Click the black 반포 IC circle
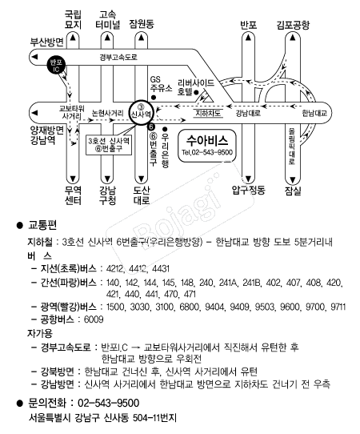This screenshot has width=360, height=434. [x=56, y=66]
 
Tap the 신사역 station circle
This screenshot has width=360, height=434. [x=141, y=112]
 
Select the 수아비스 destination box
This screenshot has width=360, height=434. [x=207, y=146]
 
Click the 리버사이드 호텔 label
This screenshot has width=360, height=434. [x=196, y=87]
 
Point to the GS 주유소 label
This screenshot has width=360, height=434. [x=161, y=84]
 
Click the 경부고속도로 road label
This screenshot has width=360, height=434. [x=118, y=58]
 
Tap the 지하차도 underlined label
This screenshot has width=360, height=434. [x=208, y=114]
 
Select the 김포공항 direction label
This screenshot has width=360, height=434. [x=293, y=25]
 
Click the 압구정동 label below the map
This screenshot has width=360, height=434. [x=248, y=190]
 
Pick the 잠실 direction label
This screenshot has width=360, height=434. [x=293, y=191]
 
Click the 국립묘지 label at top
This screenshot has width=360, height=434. [x=73, y=19]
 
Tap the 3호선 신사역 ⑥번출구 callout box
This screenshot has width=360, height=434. [x=109, y=145]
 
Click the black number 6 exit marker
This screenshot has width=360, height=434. [x=151, y=127]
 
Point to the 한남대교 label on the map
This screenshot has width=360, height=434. [x=314, y=113]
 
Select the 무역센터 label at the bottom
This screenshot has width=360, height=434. [x=73, y=195]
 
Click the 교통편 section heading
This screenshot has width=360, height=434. [x=42, y=225]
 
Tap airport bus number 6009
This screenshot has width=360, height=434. [x=94, y=319]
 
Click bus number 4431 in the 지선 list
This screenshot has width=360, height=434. [x=161, y=268]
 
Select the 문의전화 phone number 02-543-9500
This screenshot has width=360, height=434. [x=108, y=403]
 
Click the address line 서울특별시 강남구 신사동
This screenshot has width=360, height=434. [x=79, y=417]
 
